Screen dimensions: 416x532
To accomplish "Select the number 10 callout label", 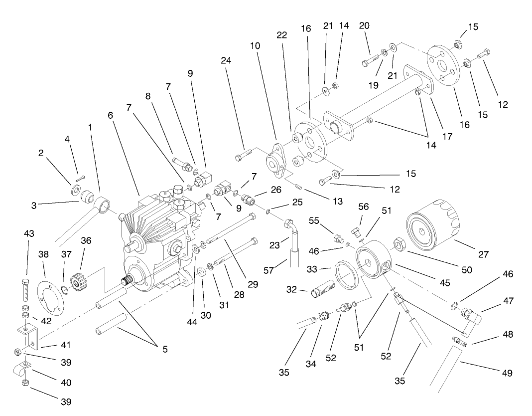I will point(256,45).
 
